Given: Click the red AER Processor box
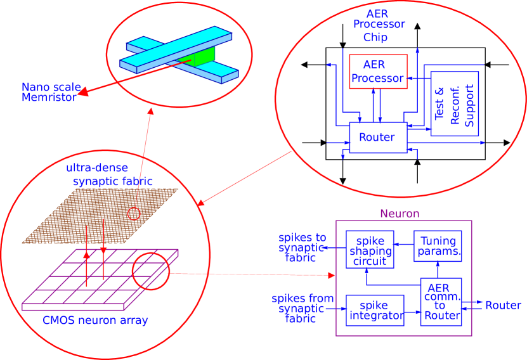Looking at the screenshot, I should point(378,72).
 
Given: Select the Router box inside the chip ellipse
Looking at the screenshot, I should point(378,138).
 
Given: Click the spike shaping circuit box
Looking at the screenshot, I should point(370,250).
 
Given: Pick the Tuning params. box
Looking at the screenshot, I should point(438,247).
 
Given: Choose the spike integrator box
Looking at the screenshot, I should point(375,310).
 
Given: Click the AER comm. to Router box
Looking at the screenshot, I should point(441,302).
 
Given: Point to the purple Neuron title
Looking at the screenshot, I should point(400,214).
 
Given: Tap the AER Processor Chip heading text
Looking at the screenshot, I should point(379,25).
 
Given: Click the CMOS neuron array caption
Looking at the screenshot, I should point(95,321).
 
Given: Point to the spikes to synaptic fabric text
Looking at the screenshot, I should point(302,247).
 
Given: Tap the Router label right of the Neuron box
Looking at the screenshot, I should point(503,305).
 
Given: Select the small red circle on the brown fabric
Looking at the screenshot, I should point(134,214).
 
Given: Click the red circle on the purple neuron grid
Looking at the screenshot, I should point(151,271).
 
